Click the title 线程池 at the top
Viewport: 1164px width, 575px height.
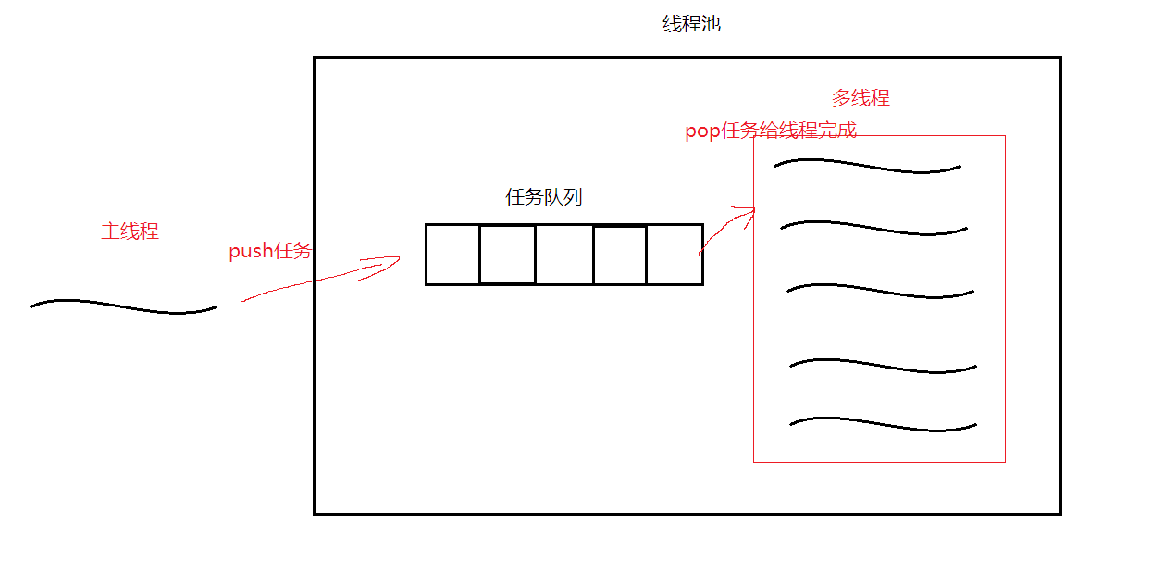point(691,25)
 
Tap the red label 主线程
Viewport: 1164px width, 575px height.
point(130,231)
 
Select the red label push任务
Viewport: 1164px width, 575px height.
point(270,251)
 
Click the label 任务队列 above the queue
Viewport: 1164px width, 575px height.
point(544,197)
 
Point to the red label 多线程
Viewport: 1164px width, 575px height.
point(861,98)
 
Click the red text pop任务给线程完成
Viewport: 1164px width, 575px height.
point(771,131)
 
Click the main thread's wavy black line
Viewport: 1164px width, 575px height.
point(123,306)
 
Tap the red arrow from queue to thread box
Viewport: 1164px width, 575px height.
point(726,228)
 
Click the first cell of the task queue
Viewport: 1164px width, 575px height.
point(452,255)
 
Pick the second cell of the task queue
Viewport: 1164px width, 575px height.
point(507,255)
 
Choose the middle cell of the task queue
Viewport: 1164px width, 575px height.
point(563,255)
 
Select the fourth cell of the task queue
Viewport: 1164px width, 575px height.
point(619,255)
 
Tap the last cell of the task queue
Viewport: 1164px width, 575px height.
point(675,255)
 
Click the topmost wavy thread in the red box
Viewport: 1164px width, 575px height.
point(867,167)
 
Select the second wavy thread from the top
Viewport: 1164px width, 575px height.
point(873,227)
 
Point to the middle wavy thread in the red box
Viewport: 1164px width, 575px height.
point(880,291)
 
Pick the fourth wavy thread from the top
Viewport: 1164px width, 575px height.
point(883,366)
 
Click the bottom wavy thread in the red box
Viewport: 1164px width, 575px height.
point(883,425)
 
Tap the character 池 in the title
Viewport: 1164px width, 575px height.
point(711,25)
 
